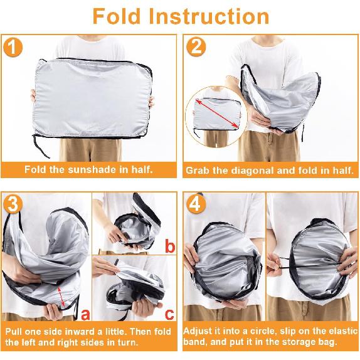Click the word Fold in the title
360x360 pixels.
[123, 16]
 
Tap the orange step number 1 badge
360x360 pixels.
[14, 48]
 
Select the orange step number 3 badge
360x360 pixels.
[14, 205]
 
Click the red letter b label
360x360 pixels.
[169, 246]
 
